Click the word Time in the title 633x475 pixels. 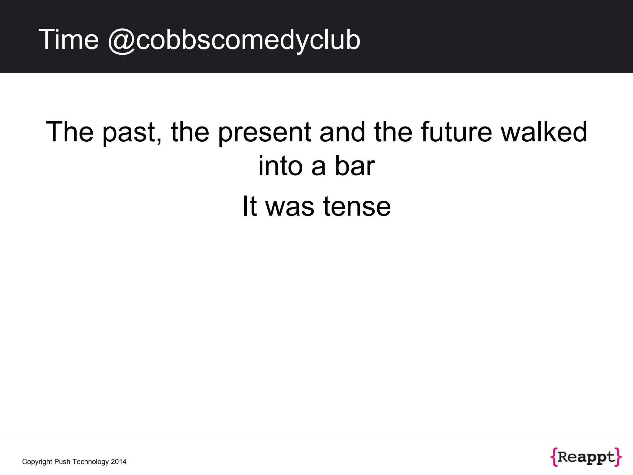point(68,40)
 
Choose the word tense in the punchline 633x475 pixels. point(357,206)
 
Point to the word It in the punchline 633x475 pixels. point(249,206)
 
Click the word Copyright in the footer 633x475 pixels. point(37,462)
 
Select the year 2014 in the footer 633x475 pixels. point(119,462)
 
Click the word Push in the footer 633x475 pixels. point(62,462)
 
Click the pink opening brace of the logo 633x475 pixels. point(554,457)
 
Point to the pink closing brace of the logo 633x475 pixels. point(618,457)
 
